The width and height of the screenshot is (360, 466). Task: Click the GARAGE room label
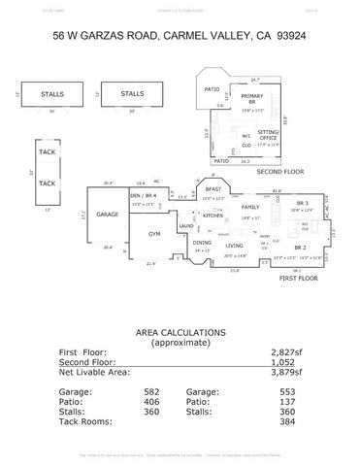[108, 214]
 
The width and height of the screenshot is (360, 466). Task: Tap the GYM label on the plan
[153, 235]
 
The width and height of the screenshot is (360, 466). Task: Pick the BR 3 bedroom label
[299, 202]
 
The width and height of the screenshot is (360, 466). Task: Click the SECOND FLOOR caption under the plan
[276, 171]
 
